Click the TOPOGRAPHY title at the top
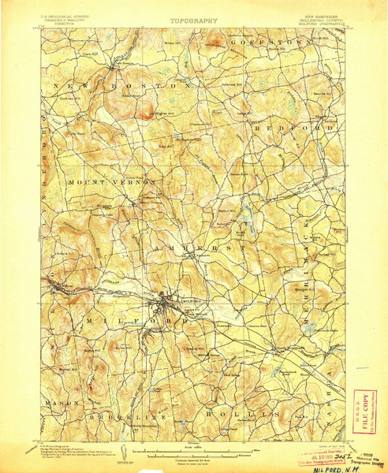pos(193,21)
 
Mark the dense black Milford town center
pos(166,300)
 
